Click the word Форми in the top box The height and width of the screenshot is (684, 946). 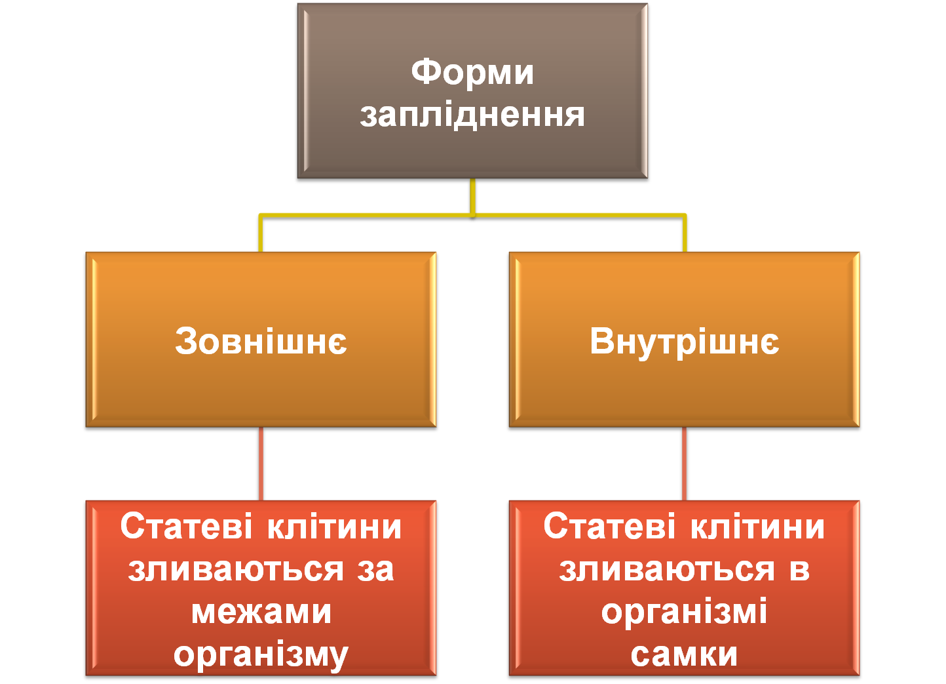click(472, 71)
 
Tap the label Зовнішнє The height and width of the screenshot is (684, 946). click(261, 341)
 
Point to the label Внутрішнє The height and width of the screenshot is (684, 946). click(685, 342)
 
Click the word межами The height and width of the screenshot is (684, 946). click(261, 612)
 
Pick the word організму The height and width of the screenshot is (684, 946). click(261, 654)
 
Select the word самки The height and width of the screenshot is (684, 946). click(684, 654)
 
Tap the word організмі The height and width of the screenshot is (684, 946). click(684, 613)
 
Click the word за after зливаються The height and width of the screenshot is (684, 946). click(376, 569)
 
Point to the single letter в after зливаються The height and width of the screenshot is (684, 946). click(799, 569)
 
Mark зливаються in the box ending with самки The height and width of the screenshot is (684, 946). click(667, 569)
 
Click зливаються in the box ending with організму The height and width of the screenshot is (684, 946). click(236, 569)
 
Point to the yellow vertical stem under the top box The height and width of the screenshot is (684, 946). click(472, 195)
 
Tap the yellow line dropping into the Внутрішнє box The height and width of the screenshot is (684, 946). click(685, 233)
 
